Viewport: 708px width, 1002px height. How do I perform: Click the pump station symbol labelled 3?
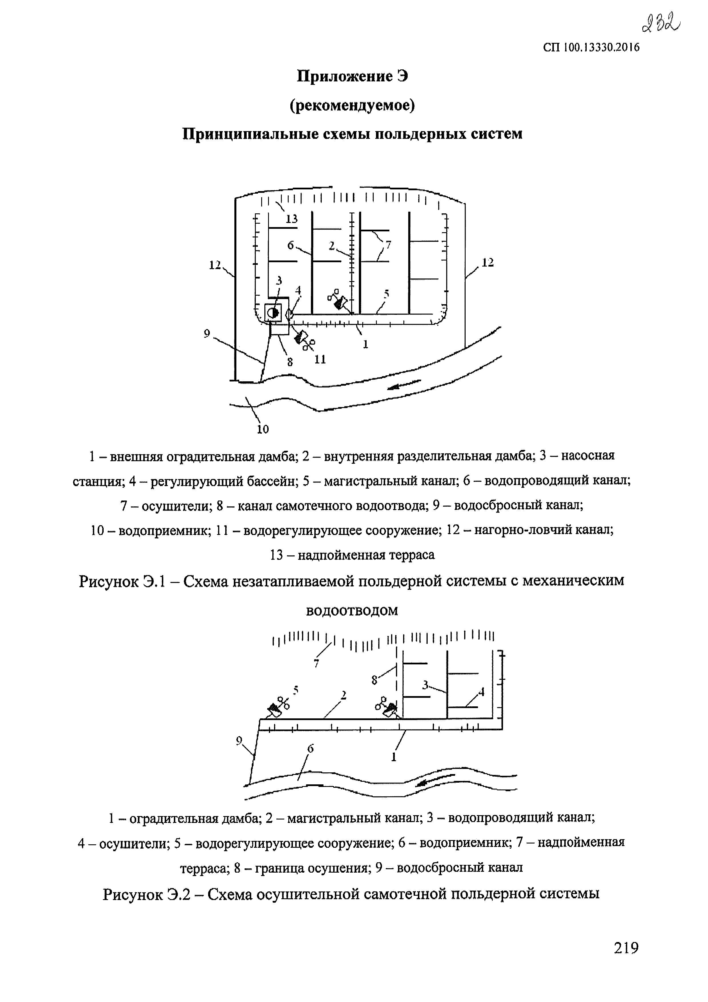tap(273, 312)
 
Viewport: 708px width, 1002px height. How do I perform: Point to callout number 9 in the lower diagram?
tap(239, 741)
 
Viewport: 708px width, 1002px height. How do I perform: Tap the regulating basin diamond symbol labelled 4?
tap(288, 314)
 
